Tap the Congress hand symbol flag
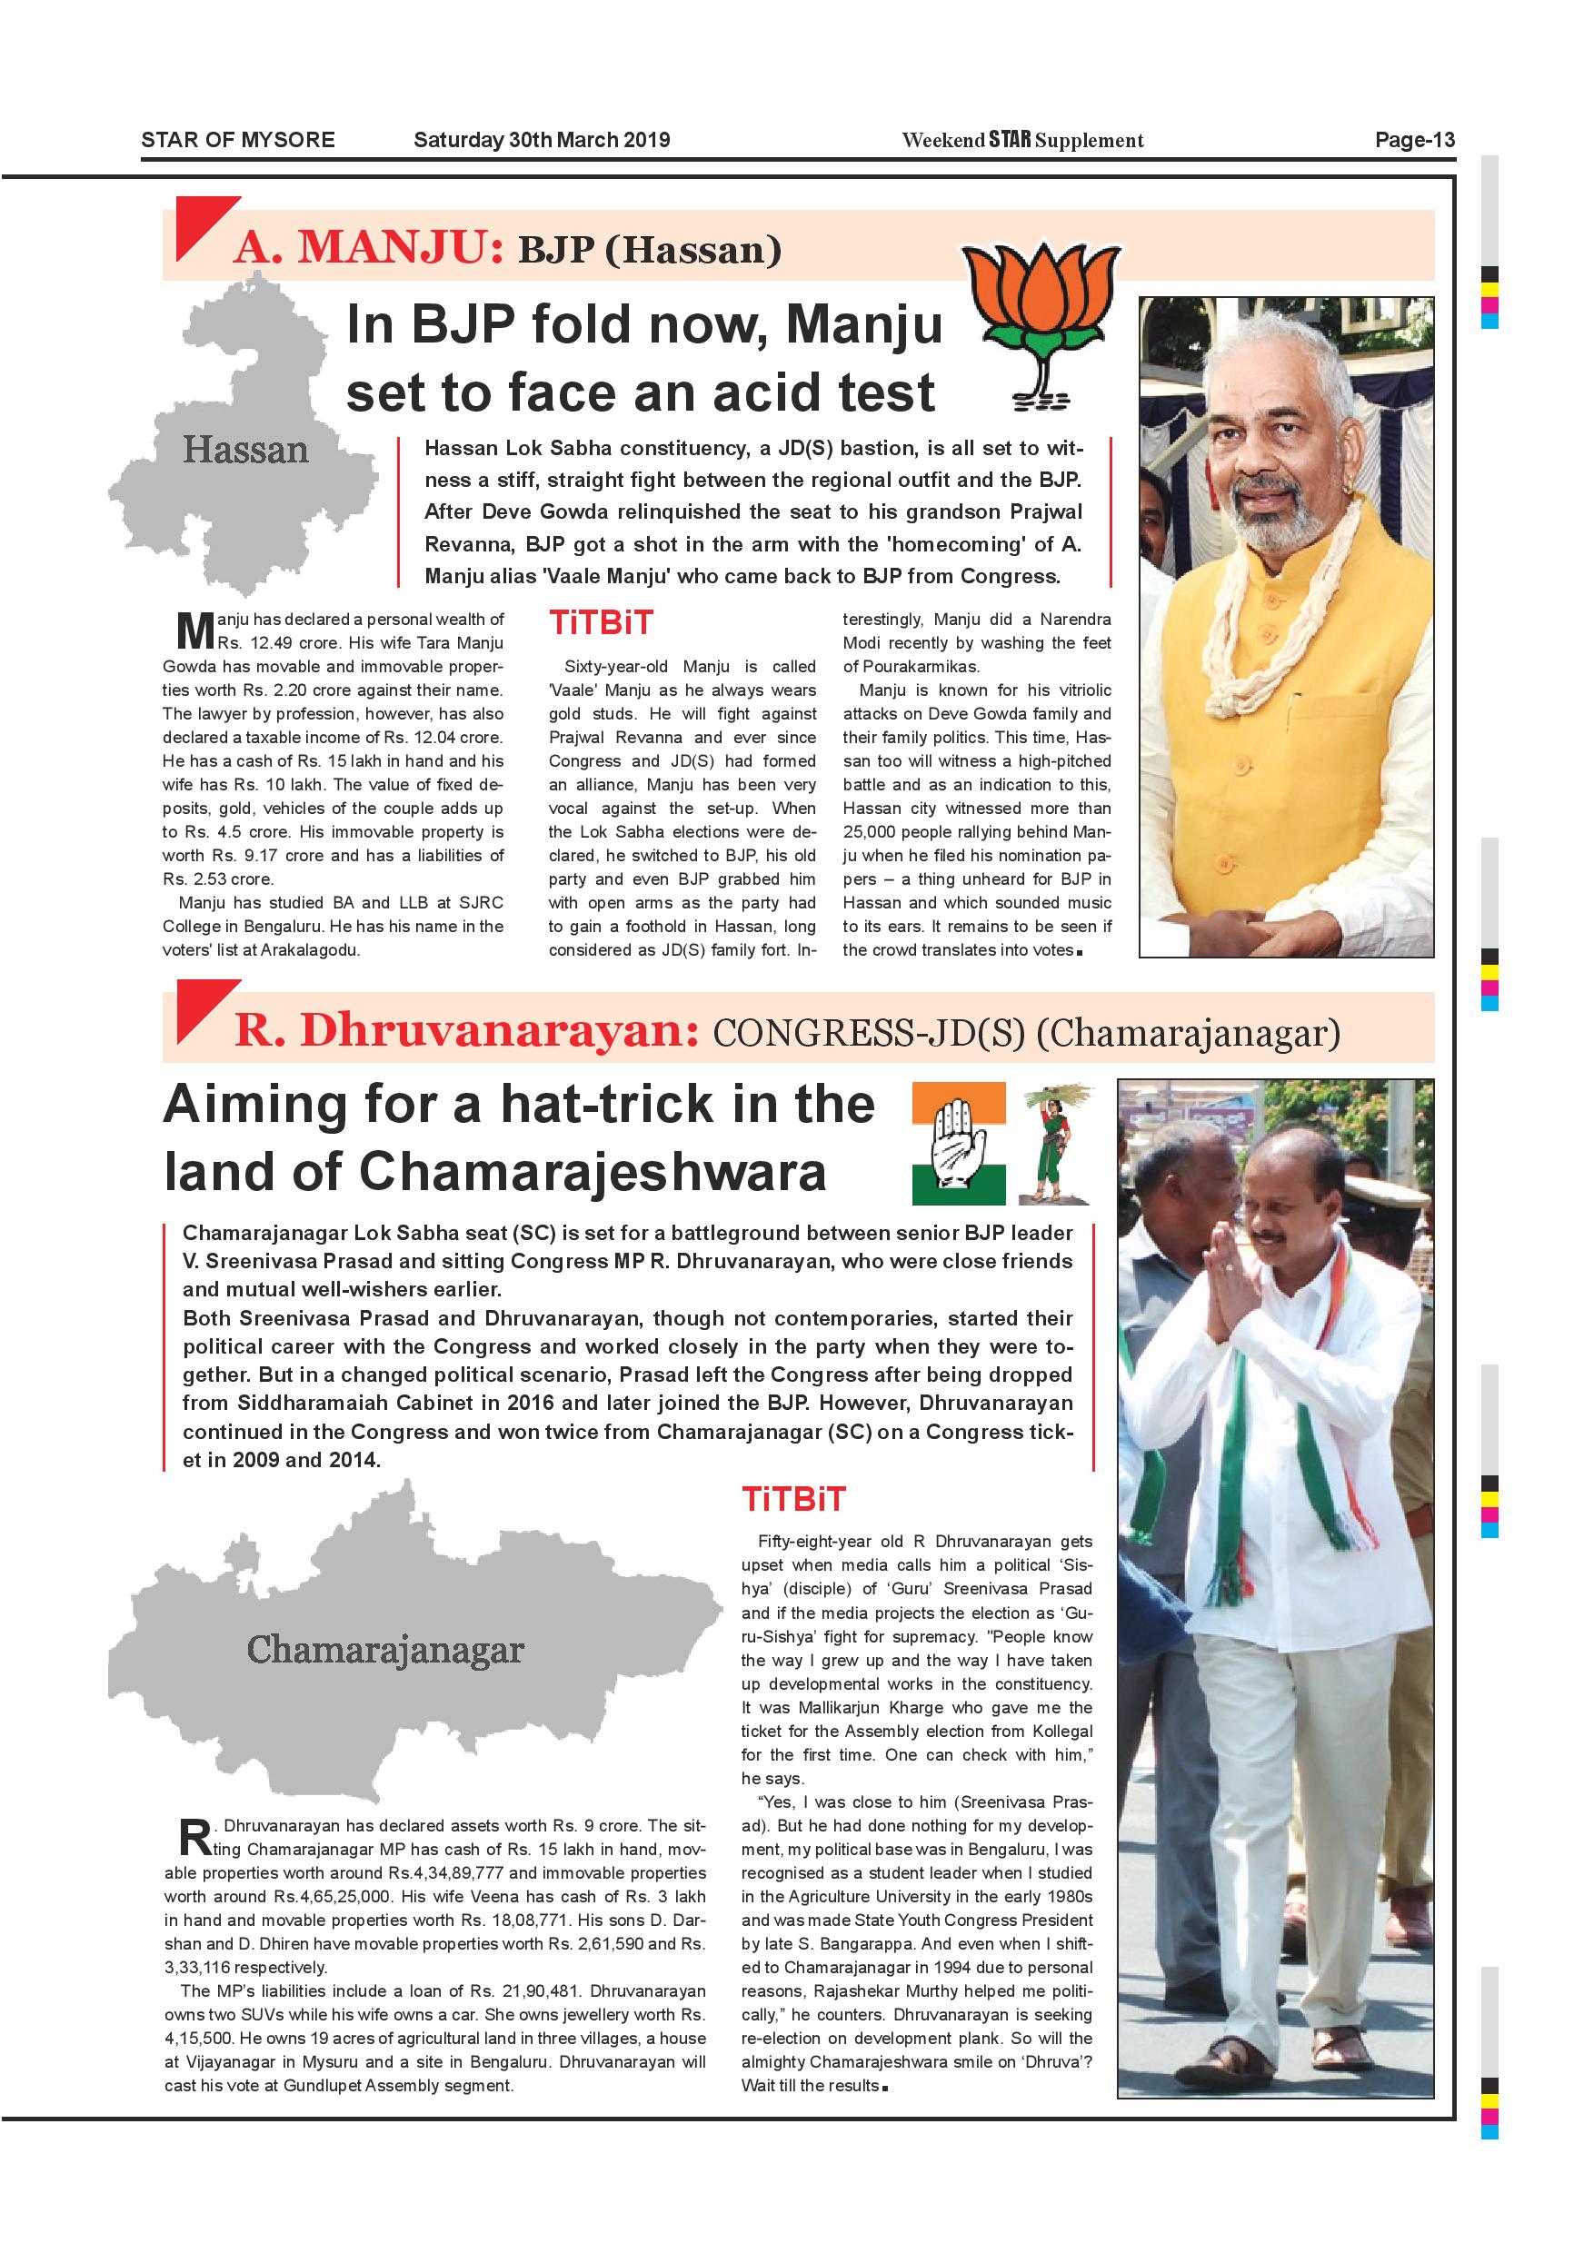point(959,1143)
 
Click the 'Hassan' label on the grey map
point(245,451)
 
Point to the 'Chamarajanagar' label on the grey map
point(384,1650)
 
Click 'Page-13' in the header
point(1414,139)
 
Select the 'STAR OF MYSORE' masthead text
point(238,139)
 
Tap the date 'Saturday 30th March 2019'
point(542,139)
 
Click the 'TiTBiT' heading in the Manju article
point(601,623)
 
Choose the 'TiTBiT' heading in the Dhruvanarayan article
point(793,1499)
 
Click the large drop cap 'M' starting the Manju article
point(195,631)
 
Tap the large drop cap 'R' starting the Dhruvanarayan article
point(194,1837)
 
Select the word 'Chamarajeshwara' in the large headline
point(593,1172)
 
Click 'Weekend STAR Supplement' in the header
point(1022,139)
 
